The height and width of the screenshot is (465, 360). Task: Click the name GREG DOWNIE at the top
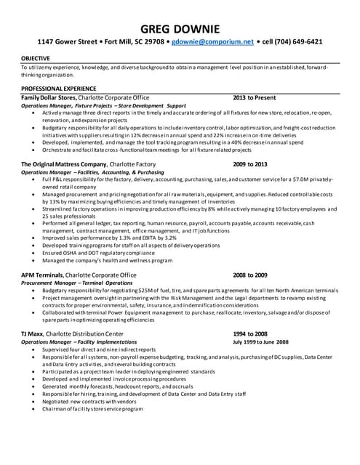[179, 27]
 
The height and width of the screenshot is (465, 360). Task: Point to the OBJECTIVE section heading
[36, 57]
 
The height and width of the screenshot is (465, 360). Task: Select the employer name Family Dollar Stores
[53, 97]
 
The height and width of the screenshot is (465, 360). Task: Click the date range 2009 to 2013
[250, 165]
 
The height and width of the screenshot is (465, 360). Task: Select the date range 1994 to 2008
[250, 333]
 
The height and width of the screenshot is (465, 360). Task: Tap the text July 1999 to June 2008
[260, 341]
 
